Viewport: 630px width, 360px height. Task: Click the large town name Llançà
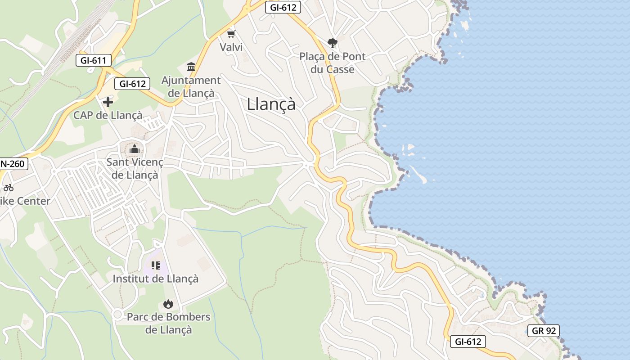pos(271,104)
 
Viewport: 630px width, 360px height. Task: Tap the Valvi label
pos(231,47)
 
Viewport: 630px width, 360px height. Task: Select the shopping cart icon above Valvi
pos(231,34)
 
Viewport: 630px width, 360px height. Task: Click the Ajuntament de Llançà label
pos(191,87)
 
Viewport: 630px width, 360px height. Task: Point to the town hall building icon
pos(191,67)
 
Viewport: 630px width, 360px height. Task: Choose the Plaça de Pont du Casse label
pos(333,63)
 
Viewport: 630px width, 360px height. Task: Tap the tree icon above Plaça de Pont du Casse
pos(333,43)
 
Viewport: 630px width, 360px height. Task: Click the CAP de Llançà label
pos(108,115)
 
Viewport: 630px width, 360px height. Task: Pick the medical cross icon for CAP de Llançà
pos(108,102)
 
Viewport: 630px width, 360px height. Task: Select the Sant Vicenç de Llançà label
pos(135,168)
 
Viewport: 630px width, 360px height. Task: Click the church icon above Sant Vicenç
pos(134,149)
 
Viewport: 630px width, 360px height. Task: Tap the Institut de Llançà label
pos(155,279)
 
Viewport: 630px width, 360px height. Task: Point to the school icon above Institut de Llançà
pos(155,265)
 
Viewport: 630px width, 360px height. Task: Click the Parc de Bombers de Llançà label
pos(168,323)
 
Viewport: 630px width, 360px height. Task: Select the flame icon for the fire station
pos(168,304)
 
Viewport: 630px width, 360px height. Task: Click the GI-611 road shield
pos(93,60)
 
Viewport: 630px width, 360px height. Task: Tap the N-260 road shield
pos(13,164)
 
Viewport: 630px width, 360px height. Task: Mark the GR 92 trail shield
pos(544,331)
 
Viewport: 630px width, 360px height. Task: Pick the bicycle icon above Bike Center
pos(9,188)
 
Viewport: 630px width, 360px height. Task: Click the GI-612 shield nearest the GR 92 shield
pos(468,342)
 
